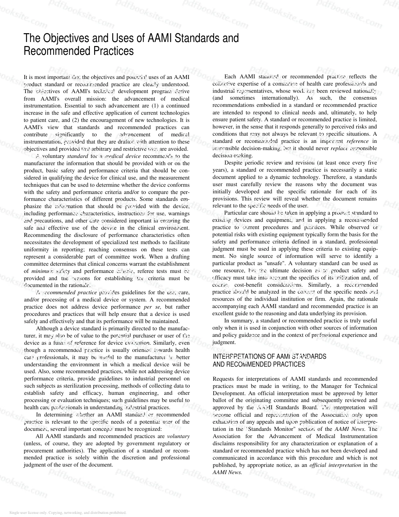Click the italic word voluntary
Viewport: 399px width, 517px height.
178,436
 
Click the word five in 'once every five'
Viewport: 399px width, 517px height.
372,163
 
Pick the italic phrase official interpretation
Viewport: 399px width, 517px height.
335,465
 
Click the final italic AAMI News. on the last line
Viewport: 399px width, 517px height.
227,473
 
